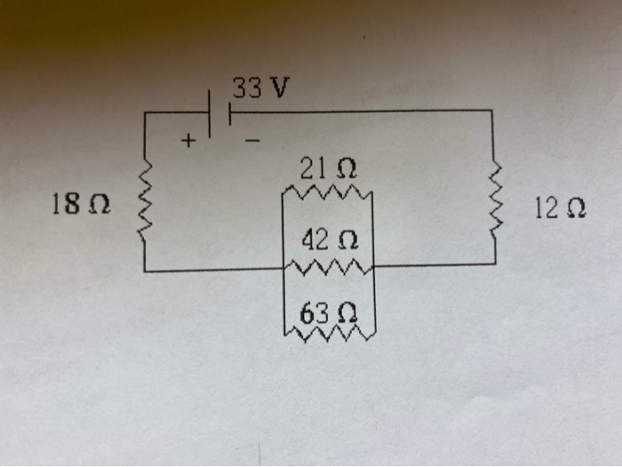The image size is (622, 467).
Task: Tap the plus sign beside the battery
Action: pos(188,140)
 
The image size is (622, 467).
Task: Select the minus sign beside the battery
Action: pos(252,141)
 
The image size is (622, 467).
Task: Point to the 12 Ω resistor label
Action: pos(560,209)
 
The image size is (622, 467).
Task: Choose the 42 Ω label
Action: pos(330,239)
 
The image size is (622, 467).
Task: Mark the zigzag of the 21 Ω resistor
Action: pos(328,191)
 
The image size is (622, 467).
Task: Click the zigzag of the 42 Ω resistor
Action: pos(330,264)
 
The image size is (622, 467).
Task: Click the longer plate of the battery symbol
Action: pos(211,113)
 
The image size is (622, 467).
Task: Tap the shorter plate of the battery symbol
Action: pos(228,113)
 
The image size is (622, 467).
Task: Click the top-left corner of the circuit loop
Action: pos(144,113)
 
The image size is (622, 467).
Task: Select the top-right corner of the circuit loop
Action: pos(491,111)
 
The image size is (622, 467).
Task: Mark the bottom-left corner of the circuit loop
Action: pos(144,269)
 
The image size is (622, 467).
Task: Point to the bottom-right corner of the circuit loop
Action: pos(494,264)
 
